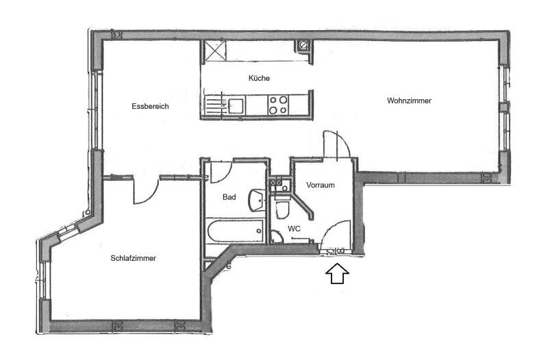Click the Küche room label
coord(259,78)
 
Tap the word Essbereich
coord(150,106)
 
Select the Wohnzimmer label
coord(409,101)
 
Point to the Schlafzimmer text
coord(133,259)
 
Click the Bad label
coord(229,197)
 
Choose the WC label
coord(294,229)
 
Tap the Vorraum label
coord(321,185)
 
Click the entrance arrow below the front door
coord(337,273)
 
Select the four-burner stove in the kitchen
coord(278,105)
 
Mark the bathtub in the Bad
coord(235,231)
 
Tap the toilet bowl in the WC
coord(282,209)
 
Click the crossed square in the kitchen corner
coord(214,51)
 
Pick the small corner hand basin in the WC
coord(277,237)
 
